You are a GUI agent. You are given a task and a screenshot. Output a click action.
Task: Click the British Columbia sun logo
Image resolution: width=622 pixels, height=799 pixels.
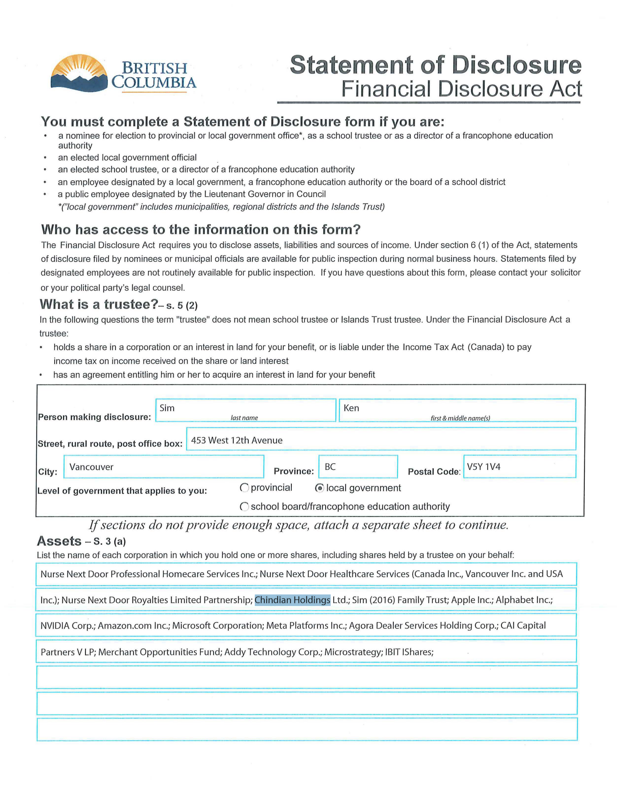(x=80, y=73)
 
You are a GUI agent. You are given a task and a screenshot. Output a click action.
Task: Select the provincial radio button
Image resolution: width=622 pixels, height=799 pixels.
(x=244, y=488)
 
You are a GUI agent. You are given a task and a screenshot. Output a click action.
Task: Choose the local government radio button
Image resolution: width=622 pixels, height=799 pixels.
(x=319, y=488)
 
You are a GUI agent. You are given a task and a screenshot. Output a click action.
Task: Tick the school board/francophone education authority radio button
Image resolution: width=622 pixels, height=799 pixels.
(x=244, y=506)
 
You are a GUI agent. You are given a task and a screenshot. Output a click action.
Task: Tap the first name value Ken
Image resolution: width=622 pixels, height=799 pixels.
(x=351, y=408)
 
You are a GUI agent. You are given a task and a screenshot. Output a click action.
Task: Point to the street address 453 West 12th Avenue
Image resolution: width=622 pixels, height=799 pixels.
(x=237, y=440)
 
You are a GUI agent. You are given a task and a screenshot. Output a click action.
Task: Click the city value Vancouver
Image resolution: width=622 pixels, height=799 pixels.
(x=91, y=467)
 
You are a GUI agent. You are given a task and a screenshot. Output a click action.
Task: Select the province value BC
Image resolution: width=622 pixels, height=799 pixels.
(x=330, y=467)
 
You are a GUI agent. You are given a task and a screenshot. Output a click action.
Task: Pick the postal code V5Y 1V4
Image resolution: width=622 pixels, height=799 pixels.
(x=483, y=467)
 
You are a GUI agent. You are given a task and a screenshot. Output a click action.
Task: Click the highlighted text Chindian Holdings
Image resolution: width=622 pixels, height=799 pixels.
(x=292, y=600)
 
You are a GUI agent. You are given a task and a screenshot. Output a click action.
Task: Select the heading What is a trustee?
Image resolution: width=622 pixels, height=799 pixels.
(x=99, y=305)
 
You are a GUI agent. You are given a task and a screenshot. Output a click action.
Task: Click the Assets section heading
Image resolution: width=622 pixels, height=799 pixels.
(x=59, y=541)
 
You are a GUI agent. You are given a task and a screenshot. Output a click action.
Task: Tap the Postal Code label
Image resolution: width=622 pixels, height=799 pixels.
(x=434, y=472)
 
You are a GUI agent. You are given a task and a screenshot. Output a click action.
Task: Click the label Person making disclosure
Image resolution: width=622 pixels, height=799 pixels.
(x=94, y=417)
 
